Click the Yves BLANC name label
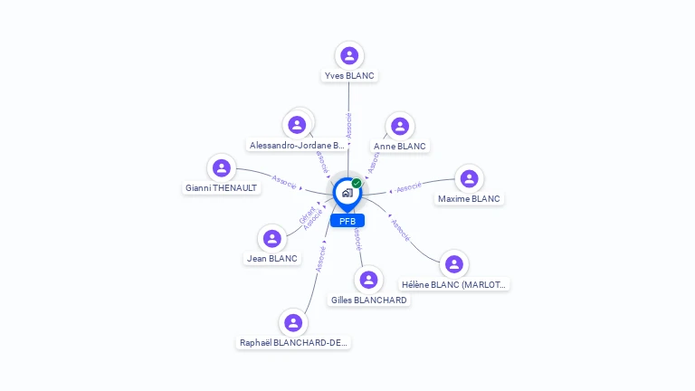349,76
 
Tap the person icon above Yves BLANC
349,55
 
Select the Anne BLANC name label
399,146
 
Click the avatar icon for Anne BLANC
399,126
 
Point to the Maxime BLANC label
469,198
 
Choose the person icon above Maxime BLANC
469,178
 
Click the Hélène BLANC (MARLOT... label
455,284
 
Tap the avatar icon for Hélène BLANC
454,264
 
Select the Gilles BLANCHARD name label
368,300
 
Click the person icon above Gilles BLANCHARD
368,280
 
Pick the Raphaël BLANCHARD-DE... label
293,343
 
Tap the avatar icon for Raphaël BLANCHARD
292,322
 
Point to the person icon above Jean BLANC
271,239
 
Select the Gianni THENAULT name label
222,188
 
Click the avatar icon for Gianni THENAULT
222,167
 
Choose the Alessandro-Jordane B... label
297,145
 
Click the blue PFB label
347,221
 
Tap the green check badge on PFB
357,183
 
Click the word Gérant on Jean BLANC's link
307,215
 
